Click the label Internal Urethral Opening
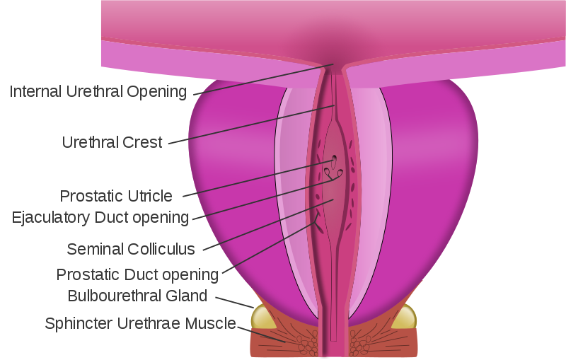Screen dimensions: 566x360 pyautogui.click(x=98, y=92)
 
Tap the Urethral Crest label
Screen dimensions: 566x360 pyautogui.click(x=112, y=142)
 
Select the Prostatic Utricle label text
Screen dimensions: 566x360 pyautogui.click(x=116, y=196)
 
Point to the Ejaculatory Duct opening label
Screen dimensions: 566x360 pyautogui.click(x=100, y=218)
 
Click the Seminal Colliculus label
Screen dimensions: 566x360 pyautogui.click(x=131, y=249)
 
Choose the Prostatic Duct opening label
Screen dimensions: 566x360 pyautogui.click(x=137, y=275)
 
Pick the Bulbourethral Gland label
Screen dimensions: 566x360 pyautogui.click(x=137, y=296)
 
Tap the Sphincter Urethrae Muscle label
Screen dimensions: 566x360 pyautogui.click(x=140, y=323)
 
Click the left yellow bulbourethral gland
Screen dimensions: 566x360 pyautogui.click(x=262, y=318)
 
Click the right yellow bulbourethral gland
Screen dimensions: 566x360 pyautogui.click(x=404, y=318)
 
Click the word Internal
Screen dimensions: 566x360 pyautogui.click(x=36, y=92)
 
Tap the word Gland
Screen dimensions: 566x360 pyautogui.click(x=186, y=296)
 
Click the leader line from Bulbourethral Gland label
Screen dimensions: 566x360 pyautogui.click(x=235, y=303)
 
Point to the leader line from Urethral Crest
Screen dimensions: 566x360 pyautogui.click(x=252, y=124)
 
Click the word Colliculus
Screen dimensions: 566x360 pyautogui.click(x=161, y=249)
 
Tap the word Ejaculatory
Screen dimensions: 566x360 pyautogui.click(x=51, y=218)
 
